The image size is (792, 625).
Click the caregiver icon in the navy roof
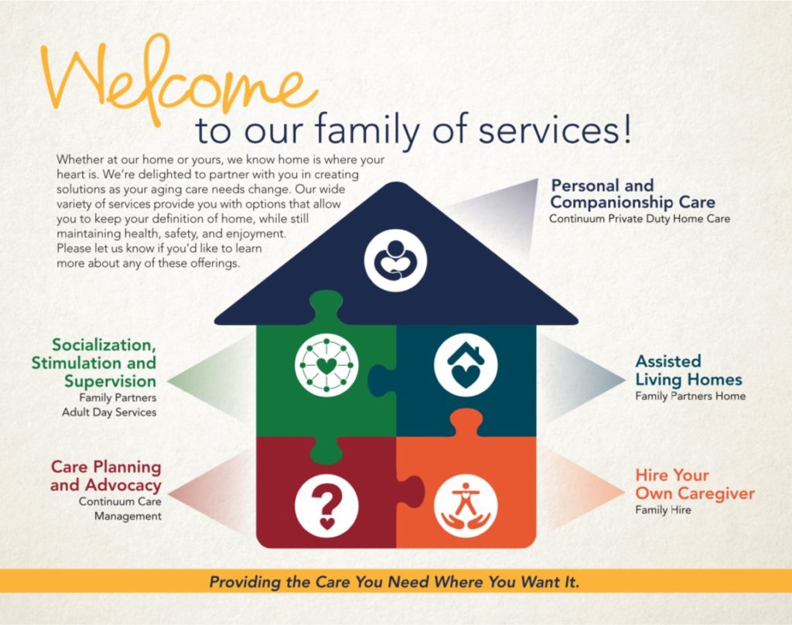tap(395, 261)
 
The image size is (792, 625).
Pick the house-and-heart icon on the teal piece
tap(466, 365)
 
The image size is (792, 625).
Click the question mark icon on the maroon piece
tap(326, 505)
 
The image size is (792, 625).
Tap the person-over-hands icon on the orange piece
tap(466, 505)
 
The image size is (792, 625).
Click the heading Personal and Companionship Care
tap(633, 193)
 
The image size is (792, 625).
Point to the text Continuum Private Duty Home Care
tap(640, 219)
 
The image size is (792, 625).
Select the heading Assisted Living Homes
tap(688, 371)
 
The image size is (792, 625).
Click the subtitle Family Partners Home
tap(690, 396)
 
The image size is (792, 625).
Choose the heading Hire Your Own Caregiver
tap(695, 484)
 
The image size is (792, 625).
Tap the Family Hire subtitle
tap(663, 510)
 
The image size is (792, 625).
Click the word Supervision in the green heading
tap(110, 381)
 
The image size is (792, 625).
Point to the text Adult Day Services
tap(109, 412)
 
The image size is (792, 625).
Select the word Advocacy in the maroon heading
tap(123, 485)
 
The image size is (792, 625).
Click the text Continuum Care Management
tap(120, 509)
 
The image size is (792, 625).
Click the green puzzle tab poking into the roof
tap(326, 306)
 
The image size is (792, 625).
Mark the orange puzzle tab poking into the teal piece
tap(466, 422)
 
